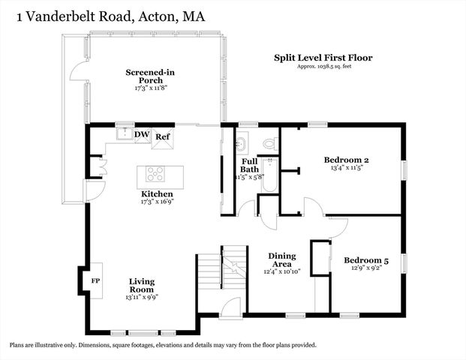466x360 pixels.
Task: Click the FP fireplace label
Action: click(95, 280)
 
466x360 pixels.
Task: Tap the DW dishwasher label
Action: click(142, 135)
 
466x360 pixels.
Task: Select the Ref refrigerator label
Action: click(163, 136)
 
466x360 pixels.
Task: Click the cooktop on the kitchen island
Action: click(157, 175)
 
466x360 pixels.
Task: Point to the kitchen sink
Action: click(124, 135)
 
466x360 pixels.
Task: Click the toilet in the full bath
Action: click(269, 142)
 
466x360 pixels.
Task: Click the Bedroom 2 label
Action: click(346, 160)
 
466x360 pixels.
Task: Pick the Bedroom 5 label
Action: click(366, 261)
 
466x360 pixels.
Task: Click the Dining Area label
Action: click(282, 260)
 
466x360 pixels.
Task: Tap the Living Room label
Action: click(141, 286)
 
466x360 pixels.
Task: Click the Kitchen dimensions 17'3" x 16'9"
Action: click(152, 202)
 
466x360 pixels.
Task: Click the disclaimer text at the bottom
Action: click(163, 346)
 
